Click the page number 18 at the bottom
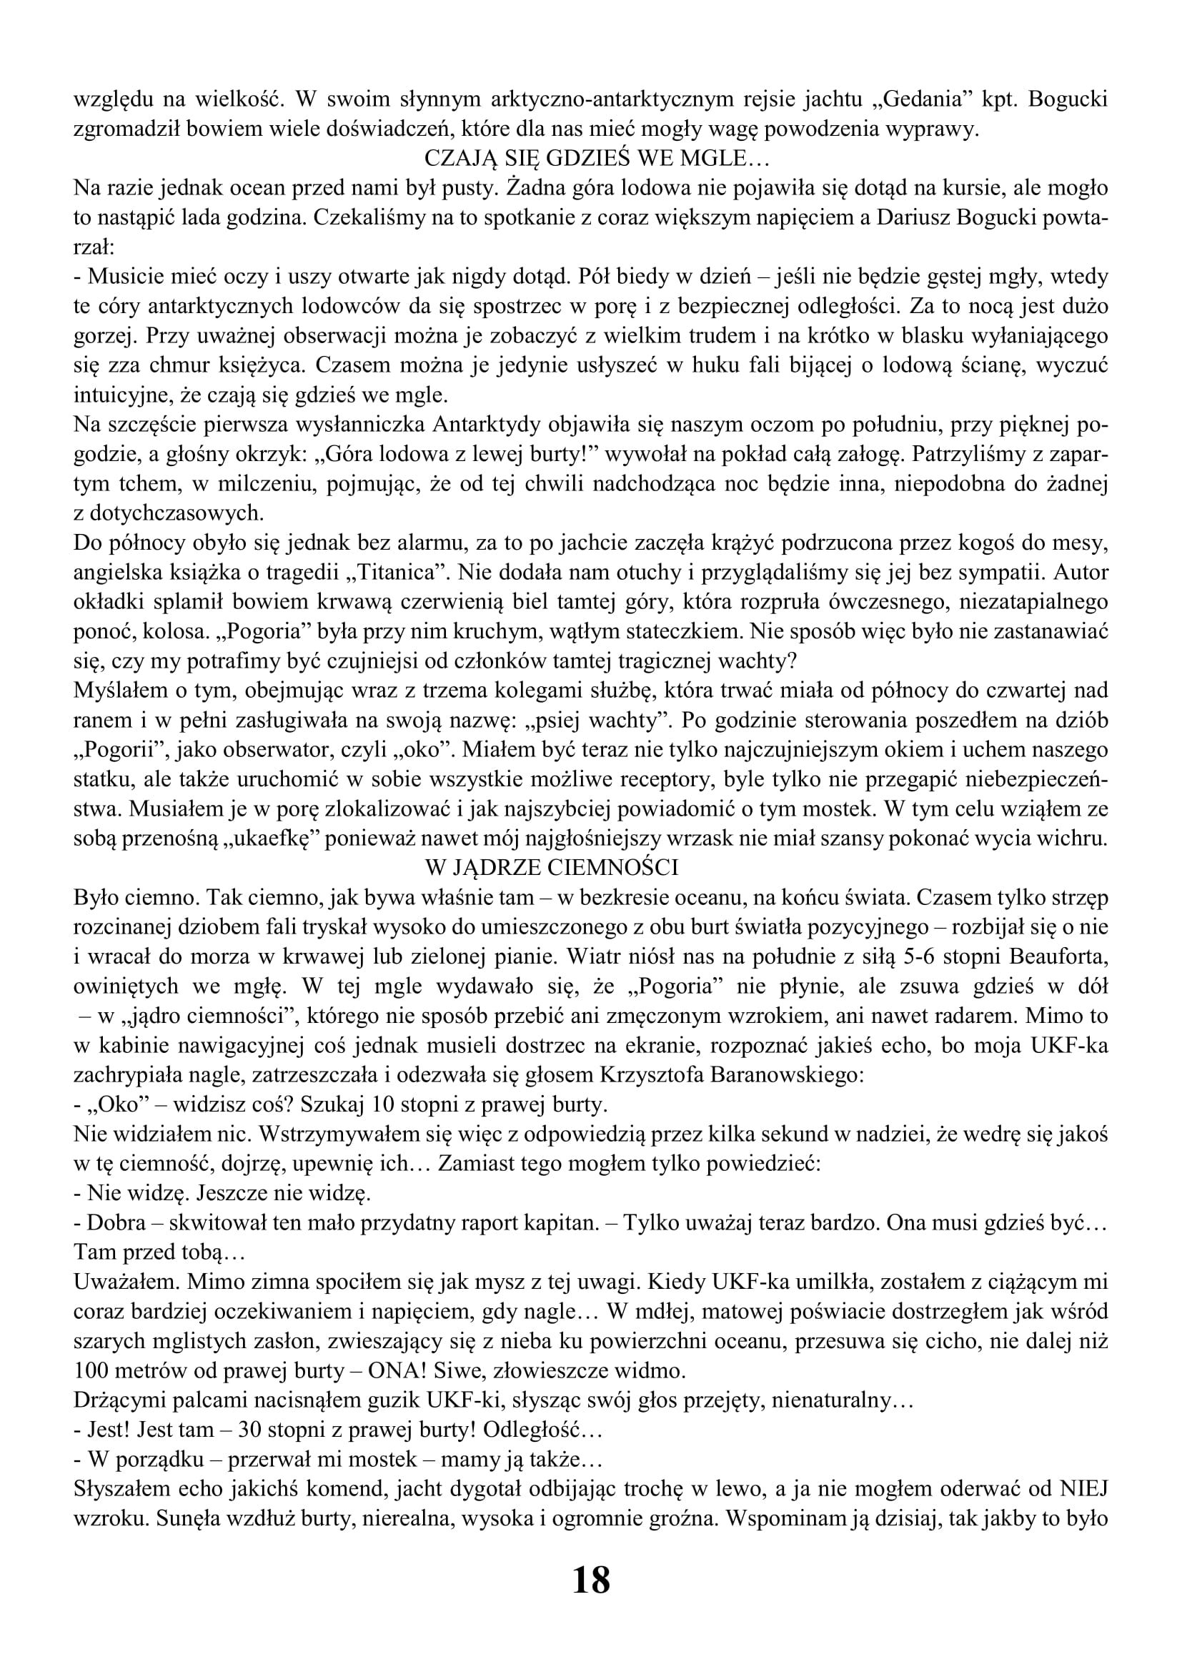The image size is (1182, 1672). tap(591, 1581)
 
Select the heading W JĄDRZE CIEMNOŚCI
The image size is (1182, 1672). tap(551, 867)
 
